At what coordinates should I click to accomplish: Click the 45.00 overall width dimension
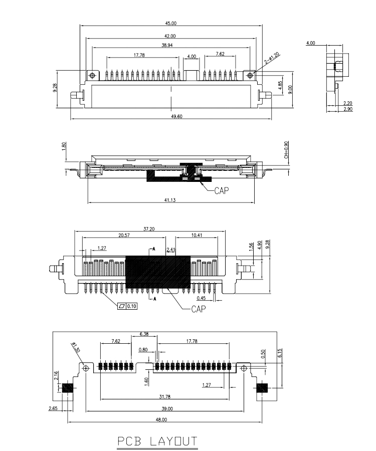tap(171, 23)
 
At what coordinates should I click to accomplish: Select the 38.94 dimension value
tap(167, 46)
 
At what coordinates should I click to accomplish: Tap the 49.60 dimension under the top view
tap(177, 116)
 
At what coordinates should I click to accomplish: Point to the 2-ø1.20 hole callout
tap(272, 59)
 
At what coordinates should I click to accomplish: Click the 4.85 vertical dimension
tap(280, 85)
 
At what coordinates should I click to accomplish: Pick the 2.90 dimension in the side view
tap(348, 109)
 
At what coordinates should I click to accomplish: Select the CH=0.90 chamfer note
tap(286, 150)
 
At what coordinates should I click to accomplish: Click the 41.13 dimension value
tap(170, 200)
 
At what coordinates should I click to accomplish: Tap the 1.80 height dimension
tap(64, 145)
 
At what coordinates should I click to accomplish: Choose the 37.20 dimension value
tap(149, 229)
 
